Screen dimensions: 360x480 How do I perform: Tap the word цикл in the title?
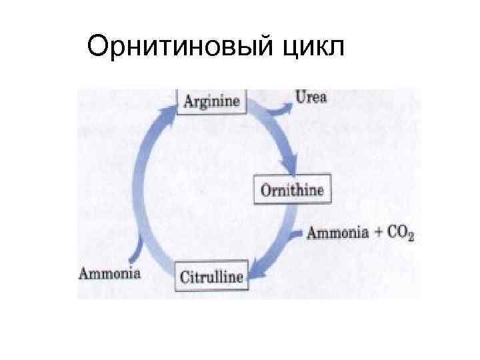(310, 47)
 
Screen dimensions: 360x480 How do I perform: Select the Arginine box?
(212, 101)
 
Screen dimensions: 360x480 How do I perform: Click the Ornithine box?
(292, 190)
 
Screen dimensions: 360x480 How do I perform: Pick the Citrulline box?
(211, 275)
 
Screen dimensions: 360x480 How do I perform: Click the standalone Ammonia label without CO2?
(110, 273)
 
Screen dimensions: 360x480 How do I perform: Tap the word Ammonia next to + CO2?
(337, 233)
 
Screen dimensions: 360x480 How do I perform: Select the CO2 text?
(400, 234)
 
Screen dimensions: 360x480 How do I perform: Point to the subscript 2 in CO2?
(411, 237)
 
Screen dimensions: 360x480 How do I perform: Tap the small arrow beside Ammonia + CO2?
(298, 234)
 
